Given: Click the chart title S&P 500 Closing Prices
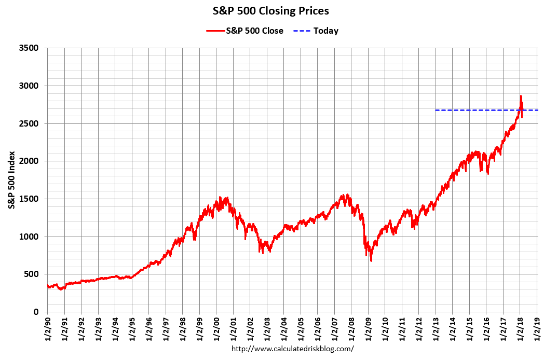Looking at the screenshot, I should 270,11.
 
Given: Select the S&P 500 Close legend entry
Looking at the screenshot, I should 246,31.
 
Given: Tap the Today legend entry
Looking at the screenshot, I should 318,31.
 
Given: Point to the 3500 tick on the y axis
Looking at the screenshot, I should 29,48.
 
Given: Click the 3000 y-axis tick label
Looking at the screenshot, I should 29,86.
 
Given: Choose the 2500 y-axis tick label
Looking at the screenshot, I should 29,123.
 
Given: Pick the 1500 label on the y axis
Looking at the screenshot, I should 29,199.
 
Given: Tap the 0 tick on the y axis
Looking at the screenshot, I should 36,312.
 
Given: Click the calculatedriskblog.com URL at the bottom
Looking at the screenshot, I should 292,349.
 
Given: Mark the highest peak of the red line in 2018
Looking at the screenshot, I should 521,96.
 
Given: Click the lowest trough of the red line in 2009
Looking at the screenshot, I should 371,260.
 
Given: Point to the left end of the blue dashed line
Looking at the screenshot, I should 436,110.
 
